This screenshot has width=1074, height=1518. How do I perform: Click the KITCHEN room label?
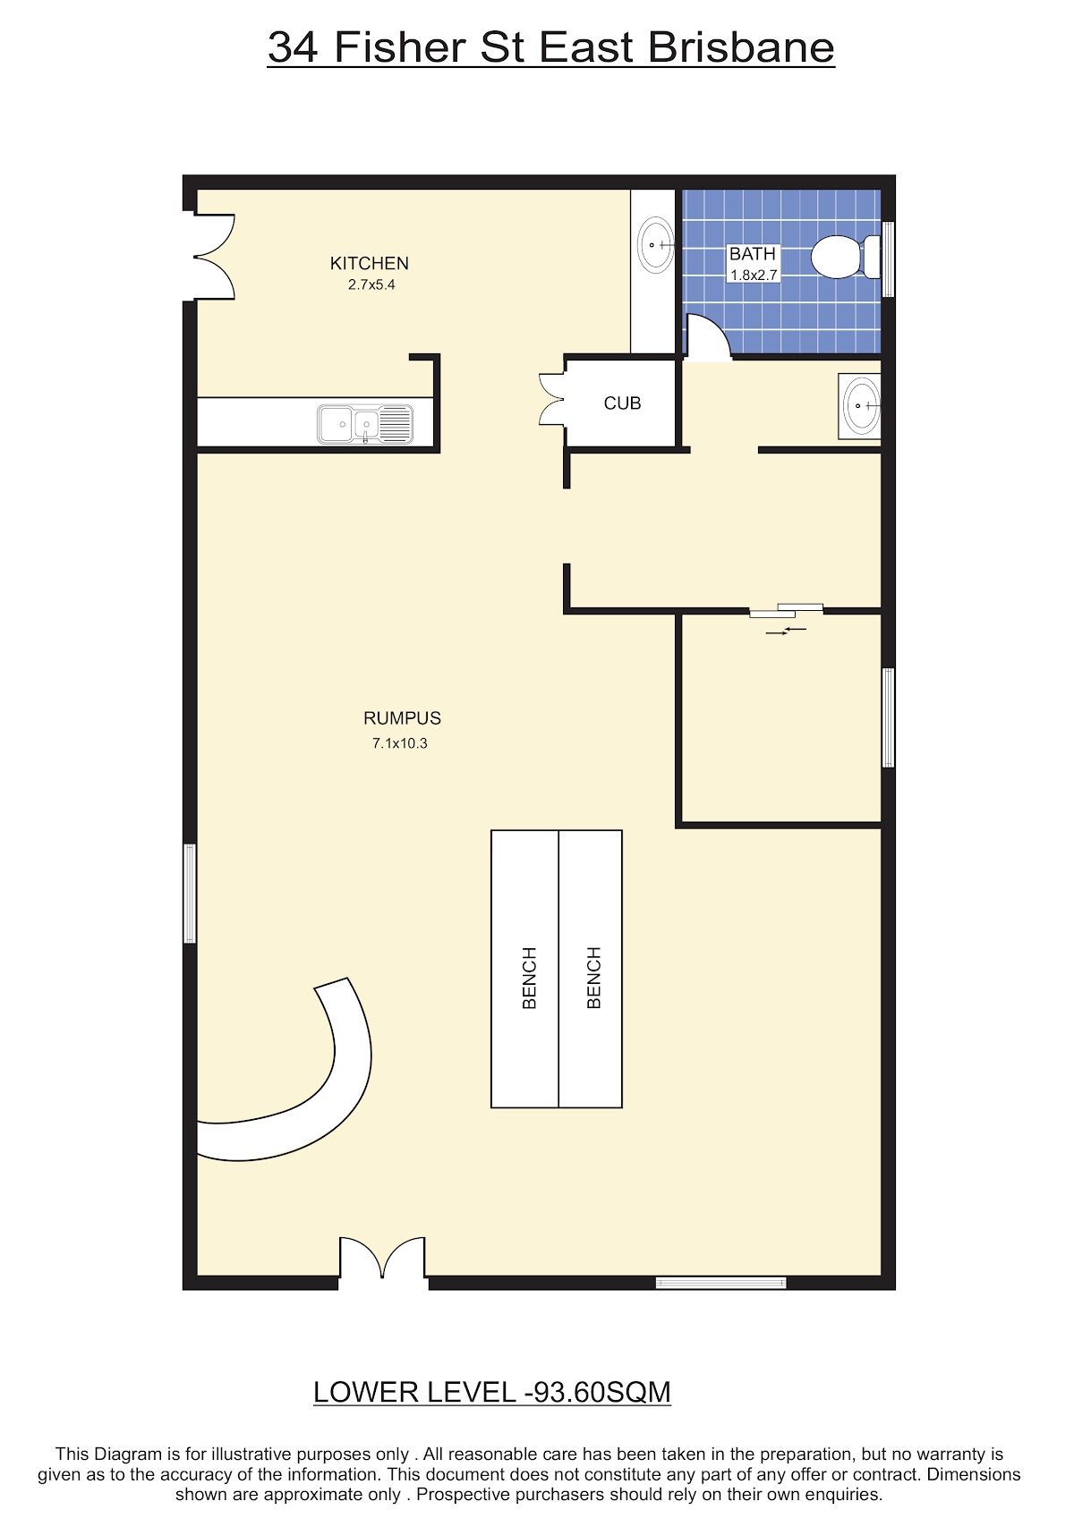pos(369,263)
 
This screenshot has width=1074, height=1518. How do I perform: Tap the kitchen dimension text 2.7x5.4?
pos(371,284)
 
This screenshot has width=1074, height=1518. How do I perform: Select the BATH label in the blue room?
pos(752,253)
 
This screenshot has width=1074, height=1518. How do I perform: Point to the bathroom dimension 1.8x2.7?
pos(754,276)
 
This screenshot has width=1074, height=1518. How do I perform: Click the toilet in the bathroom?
pos(846,257)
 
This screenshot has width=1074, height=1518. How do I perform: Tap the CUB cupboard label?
pos(622,403)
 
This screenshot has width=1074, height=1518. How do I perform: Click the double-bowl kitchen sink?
pos(365,424)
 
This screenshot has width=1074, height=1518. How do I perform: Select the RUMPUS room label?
pos(402,717)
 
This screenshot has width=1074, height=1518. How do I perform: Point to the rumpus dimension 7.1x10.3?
pos(400,742)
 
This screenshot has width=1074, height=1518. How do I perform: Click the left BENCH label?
pos(530,978)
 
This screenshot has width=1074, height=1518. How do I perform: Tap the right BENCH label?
pos(593,978)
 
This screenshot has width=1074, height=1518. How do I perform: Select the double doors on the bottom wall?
pos(382,1259)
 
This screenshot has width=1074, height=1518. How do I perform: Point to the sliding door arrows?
pos(786,631)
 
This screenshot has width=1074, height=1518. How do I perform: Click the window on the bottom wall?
pos(720,1282)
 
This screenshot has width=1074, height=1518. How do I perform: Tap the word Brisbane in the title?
pos(741,47)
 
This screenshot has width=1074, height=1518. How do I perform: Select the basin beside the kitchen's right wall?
pos(656,244)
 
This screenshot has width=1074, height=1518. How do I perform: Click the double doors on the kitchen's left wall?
pos(210,257)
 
